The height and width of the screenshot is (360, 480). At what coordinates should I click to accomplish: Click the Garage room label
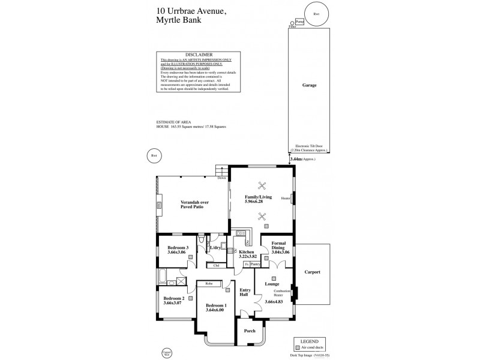[309, 86]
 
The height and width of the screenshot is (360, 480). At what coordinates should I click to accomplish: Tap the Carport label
[312, 272]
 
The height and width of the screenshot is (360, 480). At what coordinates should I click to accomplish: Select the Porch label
[249, 331]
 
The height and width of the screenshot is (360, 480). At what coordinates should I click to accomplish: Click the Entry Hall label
[245, 293]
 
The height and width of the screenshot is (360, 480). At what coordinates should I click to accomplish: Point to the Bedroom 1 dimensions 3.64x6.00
[214, 310]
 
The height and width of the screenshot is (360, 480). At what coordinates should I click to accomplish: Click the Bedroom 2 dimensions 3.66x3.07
[173, 302]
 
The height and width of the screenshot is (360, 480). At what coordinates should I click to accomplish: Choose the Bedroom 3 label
[178, 248]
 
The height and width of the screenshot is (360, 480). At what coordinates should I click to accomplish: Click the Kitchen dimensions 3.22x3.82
[247, 257]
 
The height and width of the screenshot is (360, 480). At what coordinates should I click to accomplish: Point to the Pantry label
[255, 264]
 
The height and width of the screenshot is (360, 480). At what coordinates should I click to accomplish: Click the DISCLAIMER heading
[199, 55]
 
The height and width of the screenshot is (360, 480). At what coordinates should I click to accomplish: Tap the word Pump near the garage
[300, 22]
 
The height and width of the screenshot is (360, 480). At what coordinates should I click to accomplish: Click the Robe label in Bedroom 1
[209, 283]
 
